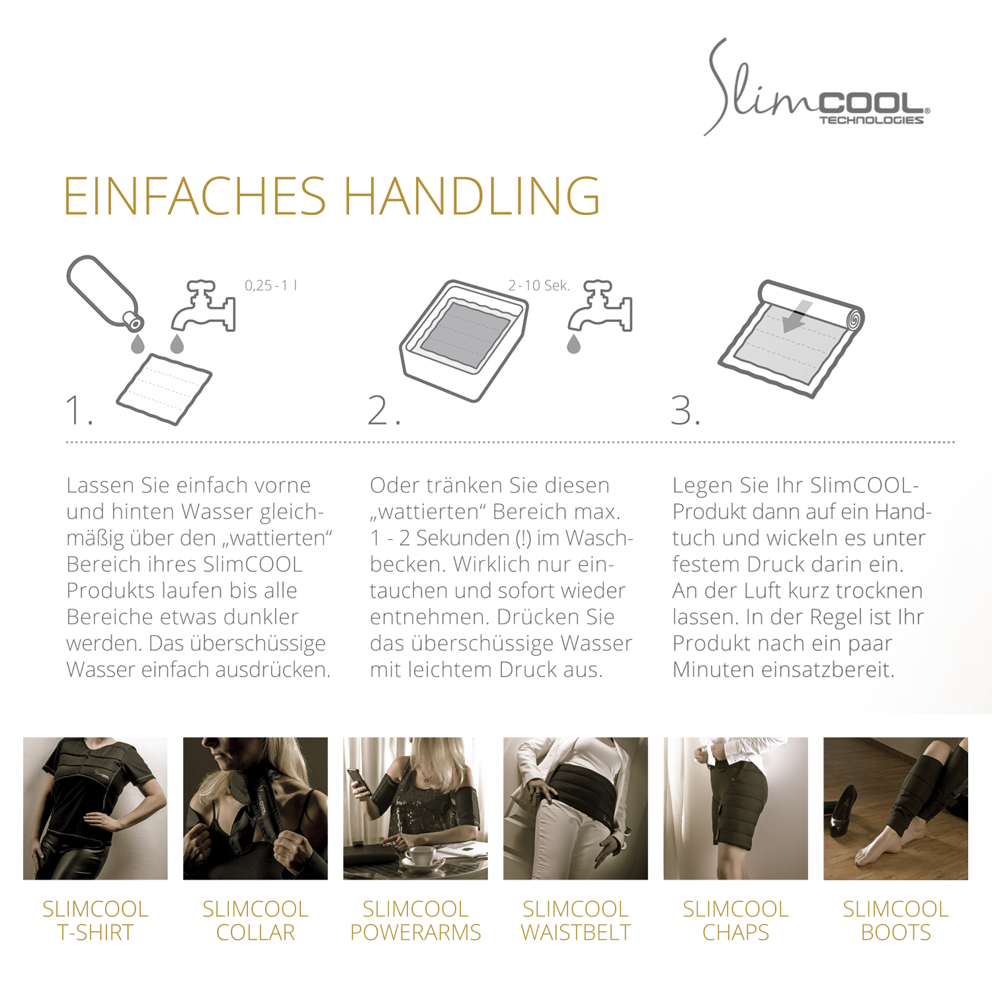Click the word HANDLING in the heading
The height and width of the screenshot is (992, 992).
tap(472, 196)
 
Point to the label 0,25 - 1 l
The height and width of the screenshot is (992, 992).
tap(270, 286)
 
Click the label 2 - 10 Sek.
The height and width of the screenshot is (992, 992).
tap(538, 286)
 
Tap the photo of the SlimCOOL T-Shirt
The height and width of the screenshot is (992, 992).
tap(95, 808)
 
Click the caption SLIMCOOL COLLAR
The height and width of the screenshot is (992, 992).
tap(255, 921)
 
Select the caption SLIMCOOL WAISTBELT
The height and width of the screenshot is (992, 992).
tap(575, 921)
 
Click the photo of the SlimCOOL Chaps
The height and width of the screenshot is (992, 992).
tap(735, 808)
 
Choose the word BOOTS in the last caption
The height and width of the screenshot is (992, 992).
tap(895, 932)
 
